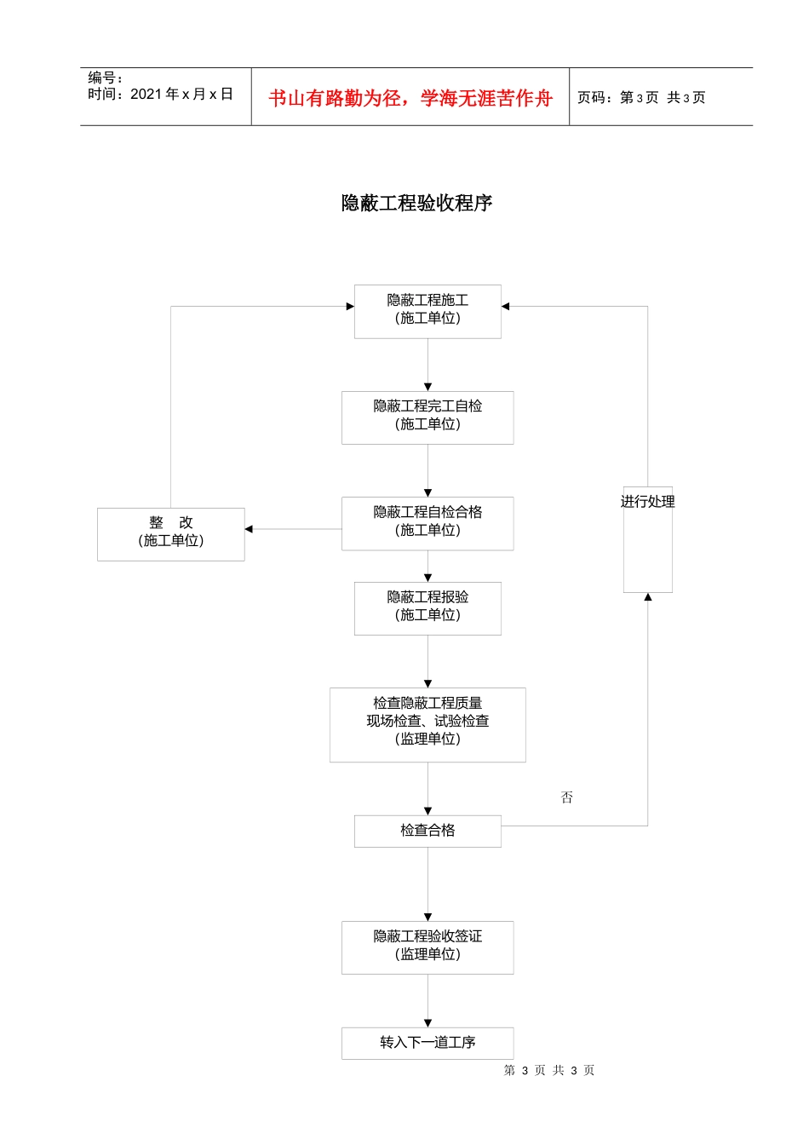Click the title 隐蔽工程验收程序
click(x=416, y=203)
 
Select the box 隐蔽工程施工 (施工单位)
click(x=427, y=310)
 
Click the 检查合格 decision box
click(x=427, y=831)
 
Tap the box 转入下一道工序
click(x=427, y=1043)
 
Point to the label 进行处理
click(x=647, y=502)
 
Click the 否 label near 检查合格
click(x=567, y=797)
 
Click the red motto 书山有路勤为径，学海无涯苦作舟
click(x=410, y=98)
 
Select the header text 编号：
click(x=106, y=78)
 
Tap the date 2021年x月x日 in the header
click(x=181, y=94)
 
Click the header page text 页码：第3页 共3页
click(x=641, y=98)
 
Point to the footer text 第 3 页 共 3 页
click(x=549, y=1070)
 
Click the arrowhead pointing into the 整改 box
click(x=249, y=529)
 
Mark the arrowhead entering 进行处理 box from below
click(x=648, y=597)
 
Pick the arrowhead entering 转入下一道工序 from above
click(x=427, y=1023)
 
